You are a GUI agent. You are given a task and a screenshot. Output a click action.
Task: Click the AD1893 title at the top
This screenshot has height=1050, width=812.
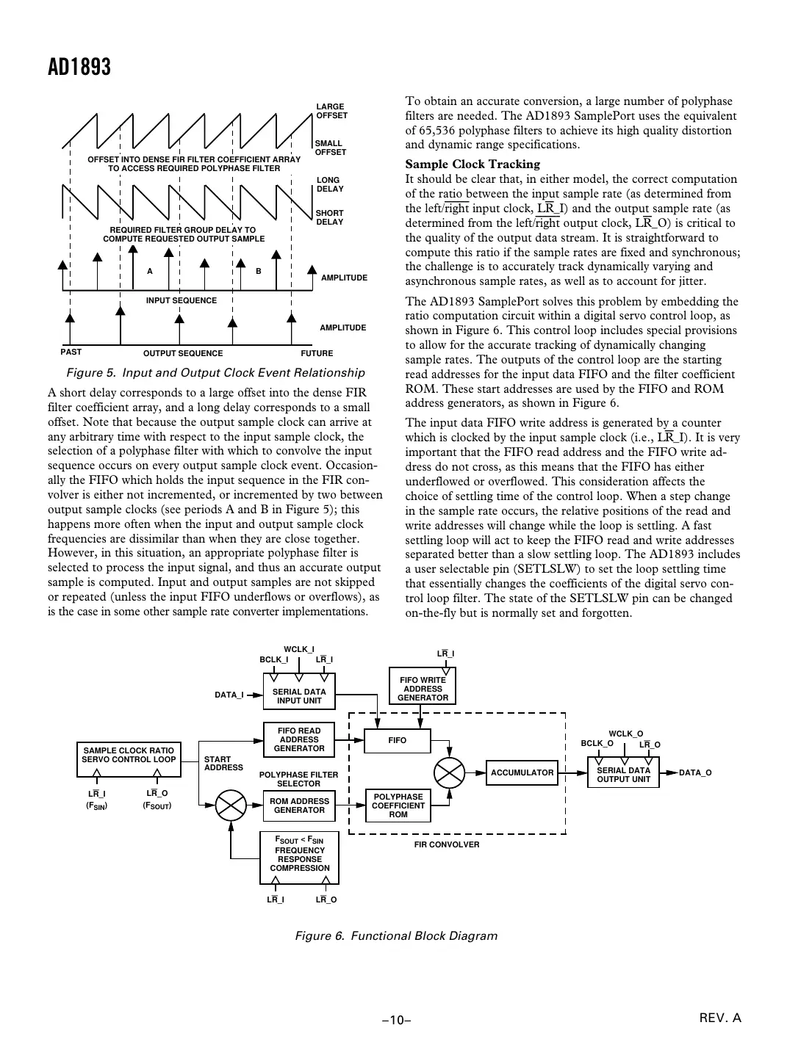(79, 68)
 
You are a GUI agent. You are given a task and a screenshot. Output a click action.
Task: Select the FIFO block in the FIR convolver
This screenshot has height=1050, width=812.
(398, 740)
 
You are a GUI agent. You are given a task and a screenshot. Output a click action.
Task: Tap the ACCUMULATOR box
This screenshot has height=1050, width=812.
(522, 772)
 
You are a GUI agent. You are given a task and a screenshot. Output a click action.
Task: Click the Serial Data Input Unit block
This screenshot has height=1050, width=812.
(298, 696)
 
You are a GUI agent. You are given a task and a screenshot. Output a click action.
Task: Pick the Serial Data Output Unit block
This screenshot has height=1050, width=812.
(623, 775)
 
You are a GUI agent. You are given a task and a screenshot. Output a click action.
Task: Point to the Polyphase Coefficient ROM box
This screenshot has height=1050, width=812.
(398, 805)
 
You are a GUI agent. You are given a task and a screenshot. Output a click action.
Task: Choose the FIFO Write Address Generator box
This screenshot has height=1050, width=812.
(423, 689)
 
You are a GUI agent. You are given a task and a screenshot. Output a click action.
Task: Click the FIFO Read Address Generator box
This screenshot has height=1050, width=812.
(298, 739)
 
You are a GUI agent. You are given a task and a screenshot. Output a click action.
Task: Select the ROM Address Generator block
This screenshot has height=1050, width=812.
(298, 805)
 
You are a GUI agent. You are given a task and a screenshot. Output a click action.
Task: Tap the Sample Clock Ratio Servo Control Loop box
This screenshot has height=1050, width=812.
(129, 759)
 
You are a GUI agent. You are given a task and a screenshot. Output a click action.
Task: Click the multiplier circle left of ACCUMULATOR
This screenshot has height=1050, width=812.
(449, 772)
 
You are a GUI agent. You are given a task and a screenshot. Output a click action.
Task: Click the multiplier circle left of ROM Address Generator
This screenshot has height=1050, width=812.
(231, 805)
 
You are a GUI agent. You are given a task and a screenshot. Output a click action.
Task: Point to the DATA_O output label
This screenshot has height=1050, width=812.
(694, 772)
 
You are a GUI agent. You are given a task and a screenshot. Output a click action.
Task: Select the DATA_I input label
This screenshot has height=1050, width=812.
(229, 695)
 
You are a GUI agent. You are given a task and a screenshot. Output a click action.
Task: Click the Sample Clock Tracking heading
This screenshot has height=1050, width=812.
(473, 164)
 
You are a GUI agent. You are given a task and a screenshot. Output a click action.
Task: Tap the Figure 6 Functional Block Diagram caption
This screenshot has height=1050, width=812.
(396, 935)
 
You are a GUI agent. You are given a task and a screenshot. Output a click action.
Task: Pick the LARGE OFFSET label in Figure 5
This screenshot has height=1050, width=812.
(331, 111)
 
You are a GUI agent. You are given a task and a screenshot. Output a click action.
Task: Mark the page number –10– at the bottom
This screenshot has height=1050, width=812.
(395, 1020)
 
